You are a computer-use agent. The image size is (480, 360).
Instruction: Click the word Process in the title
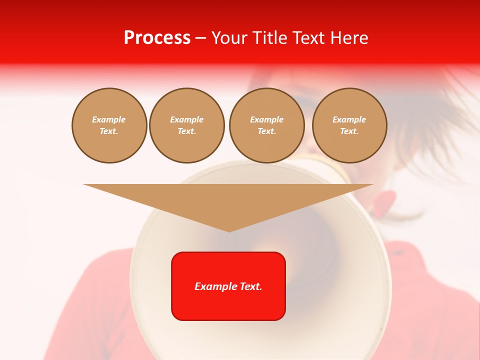click(x=157, y=38)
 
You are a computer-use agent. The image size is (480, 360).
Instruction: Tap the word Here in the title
click(x=349, y=38)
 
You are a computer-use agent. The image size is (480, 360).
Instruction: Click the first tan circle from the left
click(x=109, y=125)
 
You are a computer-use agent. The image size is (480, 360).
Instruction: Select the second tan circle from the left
click(x=186, y=125)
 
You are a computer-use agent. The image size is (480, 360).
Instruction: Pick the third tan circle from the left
click(x=266, y=125)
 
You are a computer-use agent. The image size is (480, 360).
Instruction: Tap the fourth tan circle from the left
click(x=349, y=125)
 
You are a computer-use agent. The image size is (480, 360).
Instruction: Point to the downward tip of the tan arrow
click(x=229, y=230)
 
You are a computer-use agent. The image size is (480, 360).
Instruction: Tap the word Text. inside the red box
click(x=250, y=286)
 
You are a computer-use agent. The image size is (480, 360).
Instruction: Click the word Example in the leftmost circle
click(x=109, y=120)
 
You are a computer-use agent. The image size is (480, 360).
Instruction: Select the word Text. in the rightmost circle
click(x=349, y=131)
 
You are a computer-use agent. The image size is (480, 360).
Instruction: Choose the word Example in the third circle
click(x=266, y=120)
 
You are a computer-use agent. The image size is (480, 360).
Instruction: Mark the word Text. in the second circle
click(x=186, y=131)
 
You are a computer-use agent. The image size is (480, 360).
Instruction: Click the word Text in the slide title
click(x=309, y=38)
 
